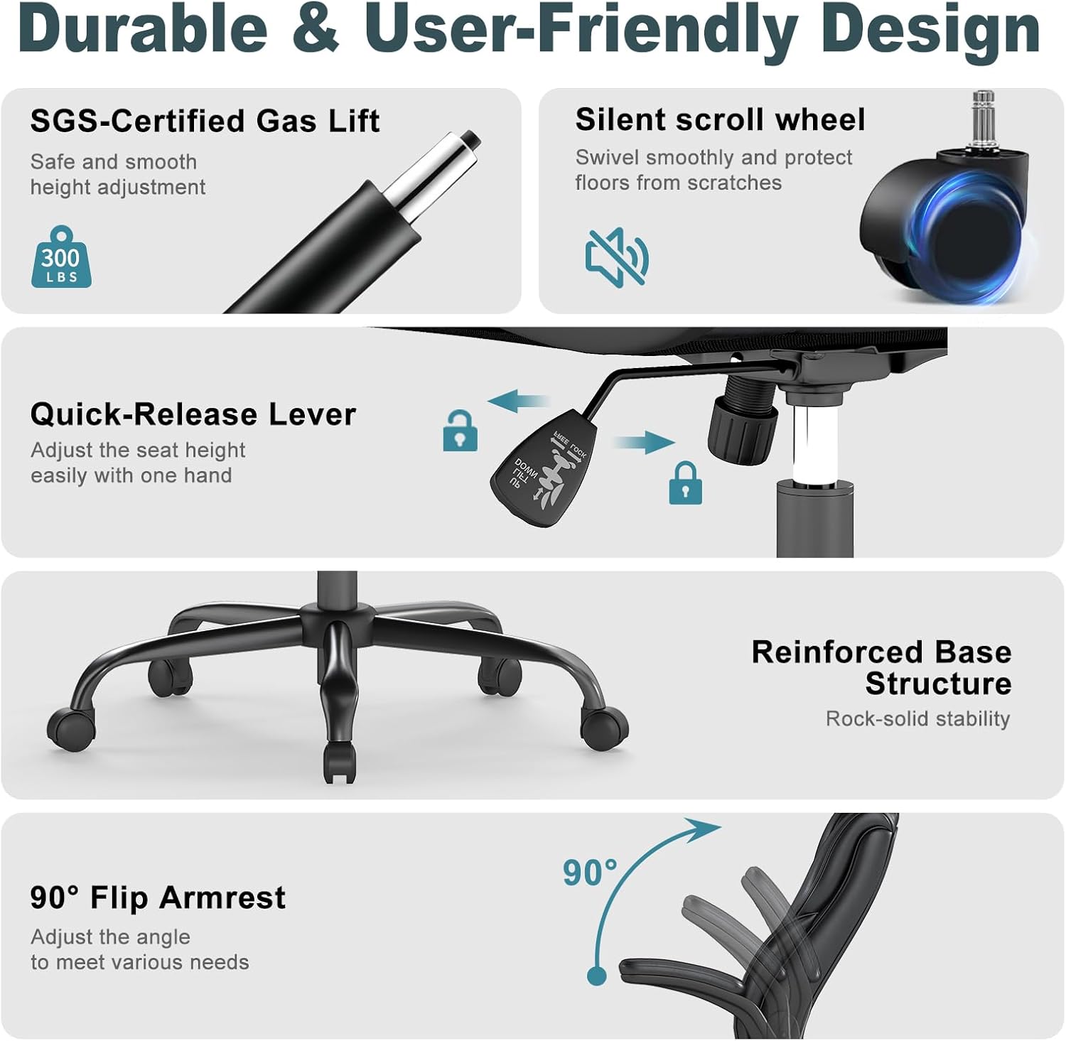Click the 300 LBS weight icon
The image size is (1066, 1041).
(61, 257)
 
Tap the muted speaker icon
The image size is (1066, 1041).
(617, 257)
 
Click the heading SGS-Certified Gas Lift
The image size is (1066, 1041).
(205, 121)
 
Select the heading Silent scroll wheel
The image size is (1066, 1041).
(721, 119)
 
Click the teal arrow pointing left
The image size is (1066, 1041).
(519, 401)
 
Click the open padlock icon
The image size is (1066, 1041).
(460, 431)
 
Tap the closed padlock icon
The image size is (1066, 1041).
(685, 483)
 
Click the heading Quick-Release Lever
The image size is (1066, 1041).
(193, 414)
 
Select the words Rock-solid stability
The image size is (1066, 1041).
(917, 719)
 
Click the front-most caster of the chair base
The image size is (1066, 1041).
(339, 763)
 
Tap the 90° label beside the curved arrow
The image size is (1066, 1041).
(590, 873)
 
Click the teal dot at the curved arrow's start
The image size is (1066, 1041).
(597, 975)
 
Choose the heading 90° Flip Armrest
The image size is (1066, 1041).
(158, 898)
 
